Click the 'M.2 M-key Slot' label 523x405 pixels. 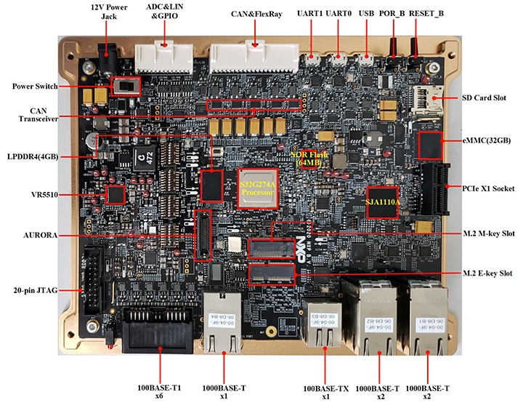coord(488,233)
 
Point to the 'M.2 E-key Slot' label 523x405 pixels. coord(488,273)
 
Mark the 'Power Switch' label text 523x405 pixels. coord(35,87)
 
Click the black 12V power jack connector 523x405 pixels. coord(110,55)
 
